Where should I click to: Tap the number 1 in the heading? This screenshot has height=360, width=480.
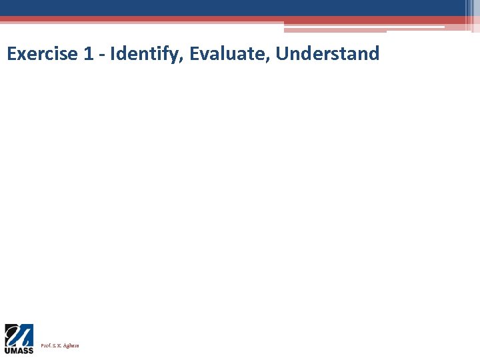coord(89,54)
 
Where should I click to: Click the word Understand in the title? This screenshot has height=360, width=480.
coord(327,54)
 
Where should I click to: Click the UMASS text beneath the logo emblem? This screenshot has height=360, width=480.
coord(19,350)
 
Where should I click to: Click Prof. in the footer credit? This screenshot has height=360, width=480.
coord(46,346)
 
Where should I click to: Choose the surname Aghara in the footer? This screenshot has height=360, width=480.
coord(71,346)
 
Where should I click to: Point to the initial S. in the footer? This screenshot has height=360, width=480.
coord(55,346)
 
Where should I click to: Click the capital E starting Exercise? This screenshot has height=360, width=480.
coord(11,54)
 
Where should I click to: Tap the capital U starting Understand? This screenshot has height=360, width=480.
coord(281,54)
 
